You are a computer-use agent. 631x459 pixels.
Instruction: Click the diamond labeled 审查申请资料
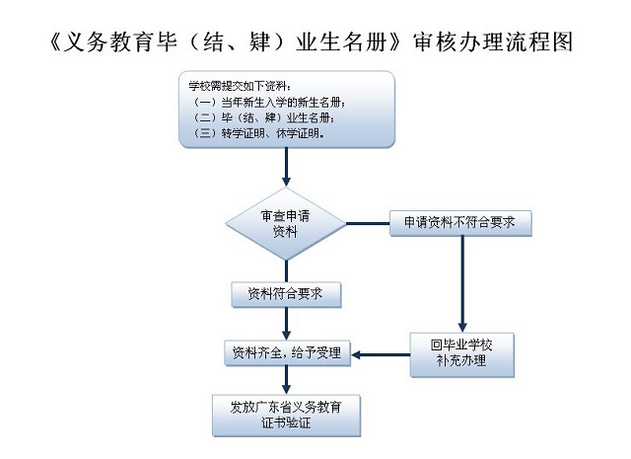286,224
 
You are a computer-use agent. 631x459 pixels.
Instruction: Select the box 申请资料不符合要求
460,223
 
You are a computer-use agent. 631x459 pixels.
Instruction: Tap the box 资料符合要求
286,294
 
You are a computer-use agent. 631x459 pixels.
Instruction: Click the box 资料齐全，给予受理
287,353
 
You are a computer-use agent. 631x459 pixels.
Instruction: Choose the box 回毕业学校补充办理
462,354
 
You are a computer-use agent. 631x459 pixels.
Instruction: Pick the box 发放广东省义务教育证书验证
286,416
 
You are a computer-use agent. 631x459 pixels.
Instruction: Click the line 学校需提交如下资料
240,86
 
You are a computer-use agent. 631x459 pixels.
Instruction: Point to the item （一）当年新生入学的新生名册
269,103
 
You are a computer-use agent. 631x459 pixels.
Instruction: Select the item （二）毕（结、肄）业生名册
263,117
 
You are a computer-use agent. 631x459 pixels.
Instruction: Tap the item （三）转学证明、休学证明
259,133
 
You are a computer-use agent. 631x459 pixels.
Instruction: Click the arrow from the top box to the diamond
286,167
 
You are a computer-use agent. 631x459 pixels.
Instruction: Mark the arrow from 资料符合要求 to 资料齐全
286,324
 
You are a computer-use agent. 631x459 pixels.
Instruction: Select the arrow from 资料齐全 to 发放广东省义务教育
286,380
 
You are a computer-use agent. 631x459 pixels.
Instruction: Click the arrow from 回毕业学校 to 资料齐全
381,355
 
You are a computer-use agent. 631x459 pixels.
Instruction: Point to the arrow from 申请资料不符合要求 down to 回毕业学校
462,284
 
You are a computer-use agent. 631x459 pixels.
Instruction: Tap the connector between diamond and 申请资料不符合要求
368,223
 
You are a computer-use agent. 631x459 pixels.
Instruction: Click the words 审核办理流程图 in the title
493,42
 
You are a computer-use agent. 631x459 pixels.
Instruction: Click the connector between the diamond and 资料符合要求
286,271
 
